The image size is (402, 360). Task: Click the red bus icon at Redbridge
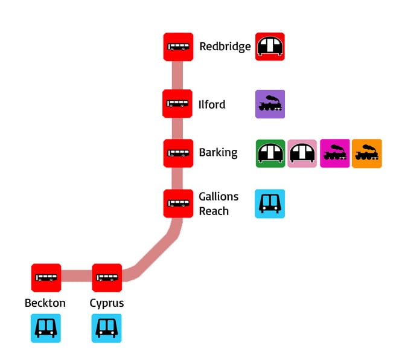pyautogui.click(x=178, y=47)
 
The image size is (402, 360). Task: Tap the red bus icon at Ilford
pyautogui.click(x=177, y=104)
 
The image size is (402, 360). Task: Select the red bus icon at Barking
pyautogui.click(x=178, y=153)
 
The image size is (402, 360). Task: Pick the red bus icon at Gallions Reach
pyautogui.click(x=178, y=204)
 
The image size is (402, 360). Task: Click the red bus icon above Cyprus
pyautogui.click(x=107, y=278)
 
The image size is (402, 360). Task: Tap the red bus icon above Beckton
pyautogui.click(x=46, y=278)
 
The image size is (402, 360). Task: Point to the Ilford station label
pyautogui.click(x=212, y=104)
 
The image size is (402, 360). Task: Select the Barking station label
pyautogui.click(x=218, y=153)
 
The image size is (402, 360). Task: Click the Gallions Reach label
pyautogui.click(x=218, y=204)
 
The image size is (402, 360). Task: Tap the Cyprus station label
pyautogui.click(x=107, y=303)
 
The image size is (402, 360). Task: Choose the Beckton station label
pyautogui.click(x=45, y=303)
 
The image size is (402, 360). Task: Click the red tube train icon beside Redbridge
pyautogui.click(x=270, y=47)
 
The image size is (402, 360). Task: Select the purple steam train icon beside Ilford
pyautogui.click(x=270, y=104)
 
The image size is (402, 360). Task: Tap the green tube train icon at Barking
pyautogui.click(x=270, y=153)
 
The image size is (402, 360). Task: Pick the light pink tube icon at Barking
pyautogui.click(x=302, y=153)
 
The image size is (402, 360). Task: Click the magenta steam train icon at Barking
pyautogui.click(x=334, y=153)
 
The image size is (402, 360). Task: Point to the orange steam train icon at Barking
pyautogui.click(x=367, y=153)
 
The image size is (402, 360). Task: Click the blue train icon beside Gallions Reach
pyautogui.click(x=270, y=204)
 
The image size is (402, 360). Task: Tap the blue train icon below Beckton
pyautogui.click(x=46, y=328)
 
